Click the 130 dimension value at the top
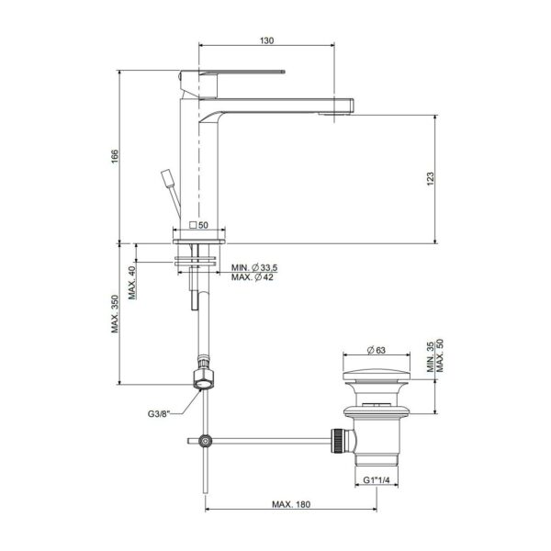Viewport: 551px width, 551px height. tap(266, 40)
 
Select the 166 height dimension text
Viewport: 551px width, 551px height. tap(115, 156)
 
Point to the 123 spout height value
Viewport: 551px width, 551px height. tap(430, 179)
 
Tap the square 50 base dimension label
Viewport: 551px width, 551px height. tap(198, 225)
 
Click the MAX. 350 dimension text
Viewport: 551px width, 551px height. tap(116, 314)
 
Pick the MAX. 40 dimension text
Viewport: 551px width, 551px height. tap(132, 283)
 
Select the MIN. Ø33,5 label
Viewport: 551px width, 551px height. tap(254, 267)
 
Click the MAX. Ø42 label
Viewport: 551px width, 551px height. tap(252, 277)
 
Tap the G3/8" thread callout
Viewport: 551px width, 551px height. tap(159, 413)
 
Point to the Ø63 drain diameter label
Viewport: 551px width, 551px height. tap(376, 350)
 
